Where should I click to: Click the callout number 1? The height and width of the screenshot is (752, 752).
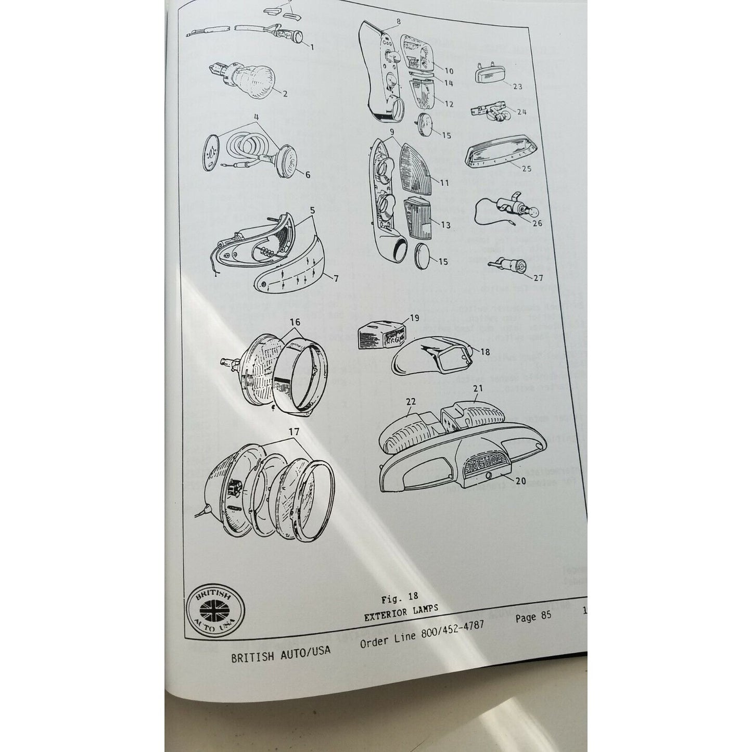[x=312, y=47]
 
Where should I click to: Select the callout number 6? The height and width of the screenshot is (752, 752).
[x=307, y=175]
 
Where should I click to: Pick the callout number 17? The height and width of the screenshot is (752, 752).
[x=294, y=431]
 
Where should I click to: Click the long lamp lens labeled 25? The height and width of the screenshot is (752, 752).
[x=496, y=156]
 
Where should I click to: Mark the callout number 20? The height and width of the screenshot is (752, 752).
[x=520, y=481]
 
